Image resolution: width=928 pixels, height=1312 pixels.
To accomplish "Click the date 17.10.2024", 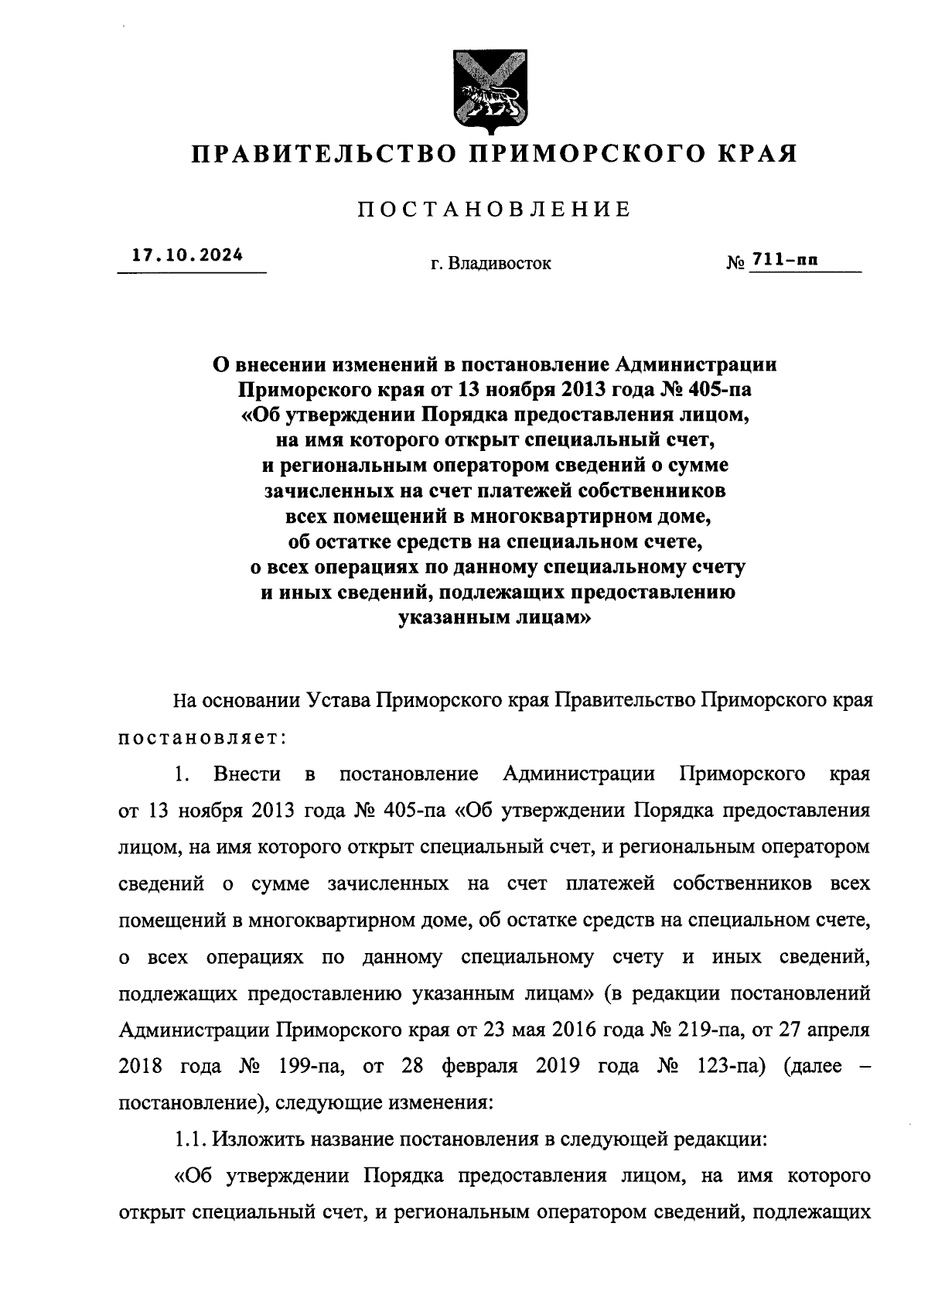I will pos(187,255).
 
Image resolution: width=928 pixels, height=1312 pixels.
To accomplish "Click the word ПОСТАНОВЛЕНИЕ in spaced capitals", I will pos(494,209).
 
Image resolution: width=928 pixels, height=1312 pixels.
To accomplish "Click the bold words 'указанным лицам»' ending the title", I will pos(494,618).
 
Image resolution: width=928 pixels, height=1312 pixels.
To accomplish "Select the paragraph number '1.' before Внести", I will pos(183,774).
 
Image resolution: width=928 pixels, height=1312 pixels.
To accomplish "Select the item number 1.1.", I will pos(191,1139).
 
